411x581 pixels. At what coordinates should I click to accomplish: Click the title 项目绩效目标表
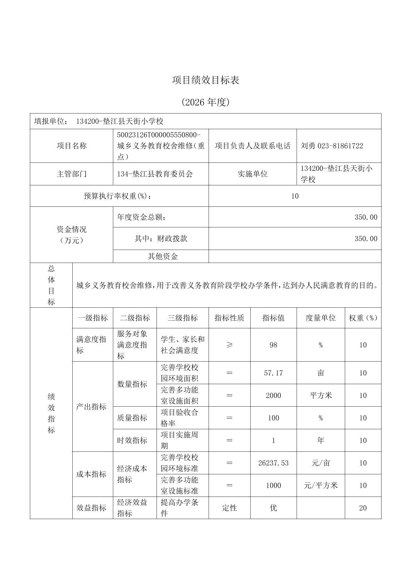pyautogui.click(x=205, y=80)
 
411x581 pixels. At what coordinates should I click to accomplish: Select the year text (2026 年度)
pyautogui.click(x=205, y=102)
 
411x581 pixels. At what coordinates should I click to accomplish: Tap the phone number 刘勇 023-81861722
pyautogui.click(x=332, y=146)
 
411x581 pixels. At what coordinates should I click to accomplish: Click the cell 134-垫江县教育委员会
pyautogui.click(x=155, y=174)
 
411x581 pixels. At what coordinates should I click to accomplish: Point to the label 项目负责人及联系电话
pyautogui.click(x=253, y=146)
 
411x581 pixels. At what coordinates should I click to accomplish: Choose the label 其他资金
pyautogui.click(x=163, y=256)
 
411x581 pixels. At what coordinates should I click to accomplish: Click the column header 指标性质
pyautogui.click(x=229, y=318)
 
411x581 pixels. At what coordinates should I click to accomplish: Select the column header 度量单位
pyautogui.click(x=320, y=318)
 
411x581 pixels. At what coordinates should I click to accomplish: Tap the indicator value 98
pyautogui.click(x=273, y=345)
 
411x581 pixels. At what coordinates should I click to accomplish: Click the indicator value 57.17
pyautogui.click(x=273, y=373)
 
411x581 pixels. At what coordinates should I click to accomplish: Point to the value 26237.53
pyautogui.click(x=273, y=463)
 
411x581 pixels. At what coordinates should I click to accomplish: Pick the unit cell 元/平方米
pyautogui.click(x=320, y=485)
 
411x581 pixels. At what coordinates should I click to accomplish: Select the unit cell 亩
pyautogui.click(x=320, y=373)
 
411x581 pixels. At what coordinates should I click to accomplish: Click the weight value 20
pyautogui.click(x=363, y=508)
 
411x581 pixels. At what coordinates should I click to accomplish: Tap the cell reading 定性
pyautogui.click(x=229, y=508)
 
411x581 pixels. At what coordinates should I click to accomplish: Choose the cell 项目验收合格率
pyautogui.click(x=179, y=418)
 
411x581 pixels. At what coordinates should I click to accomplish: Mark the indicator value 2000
pyautogui.click(x=273, y=395)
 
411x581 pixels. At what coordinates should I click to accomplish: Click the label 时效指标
pyautogui.click(x=132, y=440)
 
